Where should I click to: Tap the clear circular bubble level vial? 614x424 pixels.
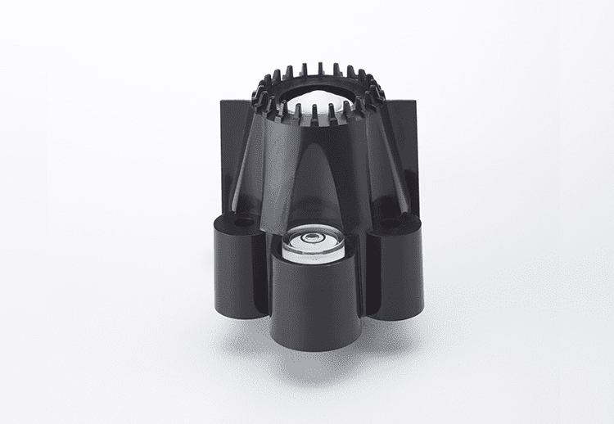click(x=314, y=243)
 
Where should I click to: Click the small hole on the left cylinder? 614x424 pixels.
click(x=242, y=222)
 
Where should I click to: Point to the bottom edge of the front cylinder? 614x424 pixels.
click(x=314, y=346)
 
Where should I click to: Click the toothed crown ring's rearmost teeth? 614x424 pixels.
click(x=319, y=69)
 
